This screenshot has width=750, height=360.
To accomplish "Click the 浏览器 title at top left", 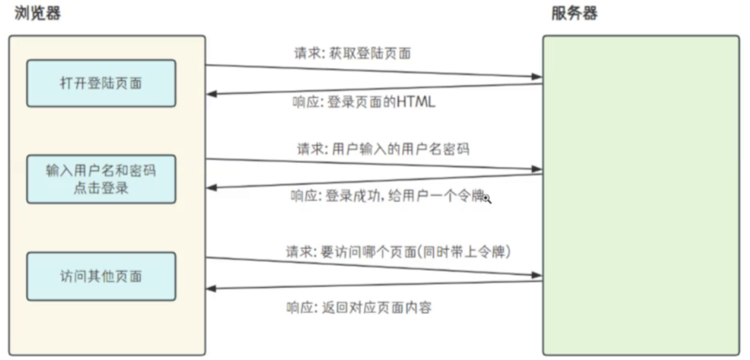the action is [x=38, y=13].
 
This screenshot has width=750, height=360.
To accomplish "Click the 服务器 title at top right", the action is [x=574, y=13].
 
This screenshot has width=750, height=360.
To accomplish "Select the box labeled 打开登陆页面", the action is [x=101, y=83].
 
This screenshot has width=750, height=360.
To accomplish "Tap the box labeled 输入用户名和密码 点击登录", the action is [x=101, y=179].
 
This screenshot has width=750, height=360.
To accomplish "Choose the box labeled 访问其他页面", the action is [x=101, y=277].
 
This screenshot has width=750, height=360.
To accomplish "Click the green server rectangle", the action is [x=640, y=194].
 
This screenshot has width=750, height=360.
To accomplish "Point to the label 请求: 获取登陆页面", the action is [x=352, y=54].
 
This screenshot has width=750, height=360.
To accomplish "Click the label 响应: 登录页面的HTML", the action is [x=364, y=102].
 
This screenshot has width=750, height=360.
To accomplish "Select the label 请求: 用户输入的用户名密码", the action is [x=383, y=149].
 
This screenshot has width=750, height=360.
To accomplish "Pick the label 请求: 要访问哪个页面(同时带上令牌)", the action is [x=399, y=252].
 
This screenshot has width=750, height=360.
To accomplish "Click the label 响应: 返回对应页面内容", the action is [x=359, y=308].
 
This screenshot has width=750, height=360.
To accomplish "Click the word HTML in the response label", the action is [x=416, y=102].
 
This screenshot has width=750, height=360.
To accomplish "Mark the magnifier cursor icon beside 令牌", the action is [x=487, y=199].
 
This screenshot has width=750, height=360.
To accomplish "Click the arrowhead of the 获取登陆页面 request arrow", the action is [x=537, y=77].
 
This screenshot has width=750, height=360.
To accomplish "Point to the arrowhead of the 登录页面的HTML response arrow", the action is [x=212, y=94].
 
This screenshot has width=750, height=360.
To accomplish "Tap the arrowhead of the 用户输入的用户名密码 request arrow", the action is [x=537, y=169].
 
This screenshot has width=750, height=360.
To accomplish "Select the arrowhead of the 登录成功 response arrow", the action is [x=212, y=187].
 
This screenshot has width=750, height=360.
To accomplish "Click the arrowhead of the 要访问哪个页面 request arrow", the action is [x=537, y=275].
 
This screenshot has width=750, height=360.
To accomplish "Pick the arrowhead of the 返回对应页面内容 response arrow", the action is [x=212, y=289].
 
